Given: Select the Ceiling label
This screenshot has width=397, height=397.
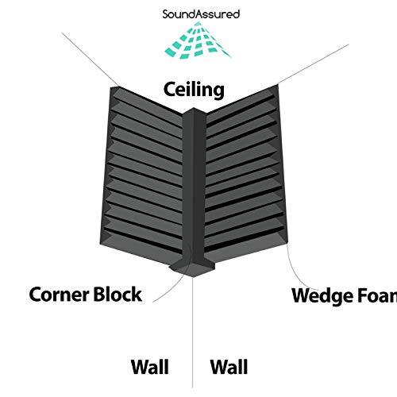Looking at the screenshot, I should tap(194, 89).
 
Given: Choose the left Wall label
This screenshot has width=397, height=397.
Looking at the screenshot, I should tap(149, 367).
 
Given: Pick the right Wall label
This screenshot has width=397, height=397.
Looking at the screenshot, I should tap(229, 367).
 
